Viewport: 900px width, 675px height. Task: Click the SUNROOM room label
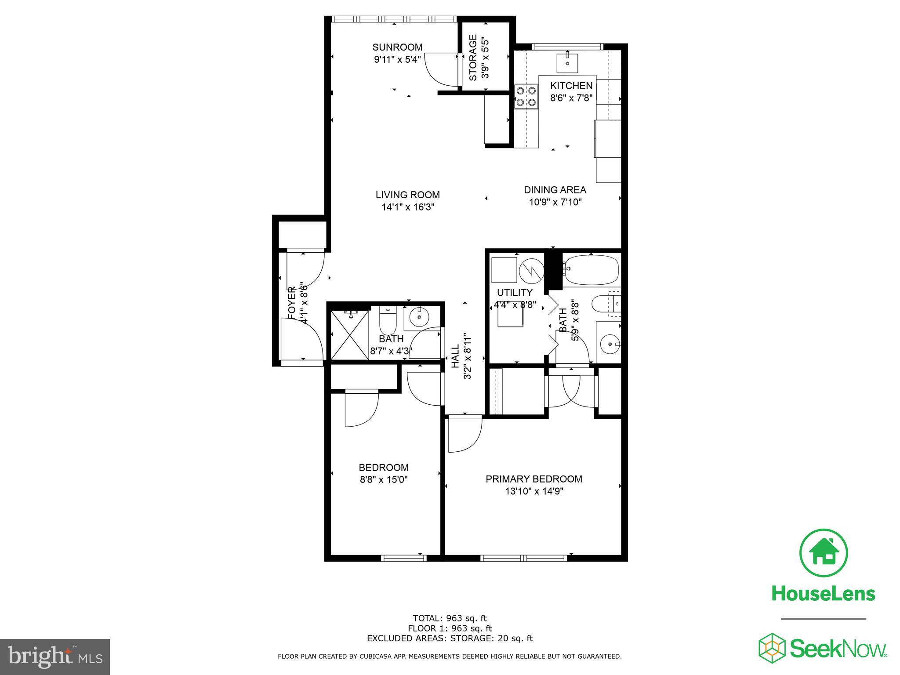coord(397,47)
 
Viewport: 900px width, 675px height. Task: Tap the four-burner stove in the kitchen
coord(526,96)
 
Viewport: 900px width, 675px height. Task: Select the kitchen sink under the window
coord(568,63)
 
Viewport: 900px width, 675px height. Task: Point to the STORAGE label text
coord(473,58)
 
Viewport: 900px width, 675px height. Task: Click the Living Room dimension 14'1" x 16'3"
coord(408,207)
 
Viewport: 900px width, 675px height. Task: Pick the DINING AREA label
coord(555,190)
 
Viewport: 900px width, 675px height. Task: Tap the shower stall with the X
coord(350,335)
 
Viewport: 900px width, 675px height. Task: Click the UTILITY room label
coord(515,292)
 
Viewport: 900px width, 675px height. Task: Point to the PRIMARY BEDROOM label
coord(533,479)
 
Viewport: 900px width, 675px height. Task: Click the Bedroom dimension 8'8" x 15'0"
coord(384,480)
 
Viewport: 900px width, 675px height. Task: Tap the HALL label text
coord(455,356)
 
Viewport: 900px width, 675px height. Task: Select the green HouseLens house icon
coord(823,553)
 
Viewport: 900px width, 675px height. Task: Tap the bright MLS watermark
coord(55,657)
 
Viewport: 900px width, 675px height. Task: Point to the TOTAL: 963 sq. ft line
coord(450,618)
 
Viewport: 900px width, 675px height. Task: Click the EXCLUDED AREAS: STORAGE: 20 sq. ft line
coord(450,639)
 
